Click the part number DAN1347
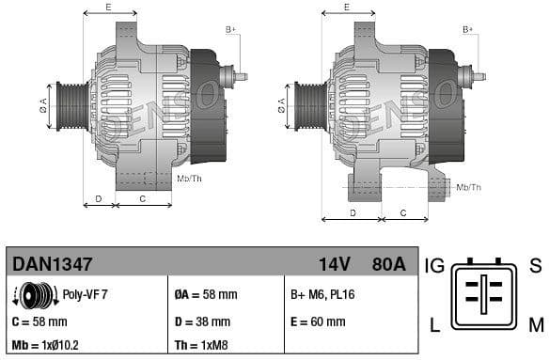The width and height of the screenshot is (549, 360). tap(53, 265)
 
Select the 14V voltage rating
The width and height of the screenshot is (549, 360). tap(335, 265)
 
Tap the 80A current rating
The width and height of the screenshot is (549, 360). tap(387, 265)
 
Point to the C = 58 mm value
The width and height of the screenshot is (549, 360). tap(42, 321)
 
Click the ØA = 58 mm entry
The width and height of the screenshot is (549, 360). tap(206, 295)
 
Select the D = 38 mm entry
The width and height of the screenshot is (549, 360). tap(203, 321)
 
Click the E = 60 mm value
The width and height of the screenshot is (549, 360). tap(318, 321)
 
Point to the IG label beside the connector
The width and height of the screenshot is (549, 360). tap(434, 266)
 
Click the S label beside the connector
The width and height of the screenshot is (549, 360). tap(535, 266)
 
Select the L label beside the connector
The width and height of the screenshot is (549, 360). tap(435, 326)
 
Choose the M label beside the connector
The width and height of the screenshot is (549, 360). tap(536, 326)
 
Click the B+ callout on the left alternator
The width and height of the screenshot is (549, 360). tap(231, 30)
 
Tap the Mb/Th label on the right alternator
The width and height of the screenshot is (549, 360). tap(468, 187)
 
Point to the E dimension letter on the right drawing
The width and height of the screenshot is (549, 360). tap(347, 8)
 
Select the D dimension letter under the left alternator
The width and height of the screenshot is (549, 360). tap(99, 199)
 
